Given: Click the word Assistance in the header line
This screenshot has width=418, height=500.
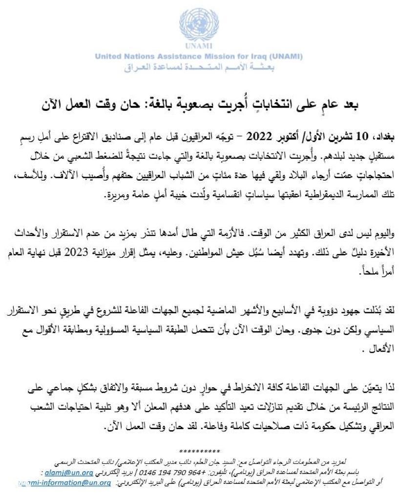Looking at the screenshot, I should (179, 57).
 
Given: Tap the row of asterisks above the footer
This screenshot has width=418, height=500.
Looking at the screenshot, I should (200, 451).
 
